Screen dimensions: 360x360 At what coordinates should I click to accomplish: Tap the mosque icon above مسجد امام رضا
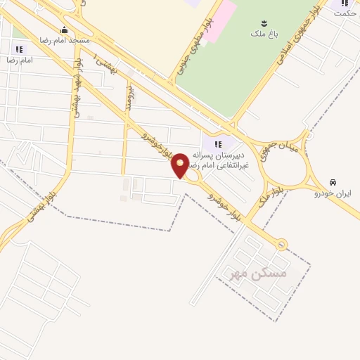click(x=65, y=30)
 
